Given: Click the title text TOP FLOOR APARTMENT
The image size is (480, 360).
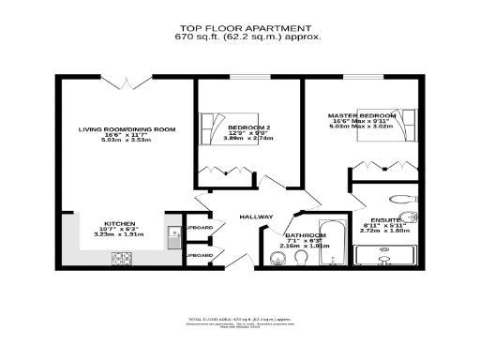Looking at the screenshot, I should click(240, 29).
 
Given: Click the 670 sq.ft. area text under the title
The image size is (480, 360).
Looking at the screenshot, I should click(240, 37).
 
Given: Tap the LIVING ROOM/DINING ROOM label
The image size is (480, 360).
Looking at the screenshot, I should click(127, 128).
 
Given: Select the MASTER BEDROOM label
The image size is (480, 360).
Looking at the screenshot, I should click(362, 115).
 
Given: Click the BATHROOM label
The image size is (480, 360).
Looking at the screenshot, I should click(305, 235).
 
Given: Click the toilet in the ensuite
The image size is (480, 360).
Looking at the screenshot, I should click(404, 198).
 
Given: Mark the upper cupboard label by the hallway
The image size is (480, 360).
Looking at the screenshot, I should click(199, 228).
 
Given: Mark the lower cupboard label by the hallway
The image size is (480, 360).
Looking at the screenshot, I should click(199, 254).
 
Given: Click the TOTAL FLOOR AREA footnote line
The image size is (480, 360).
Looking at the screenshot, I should click(240, 321).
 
